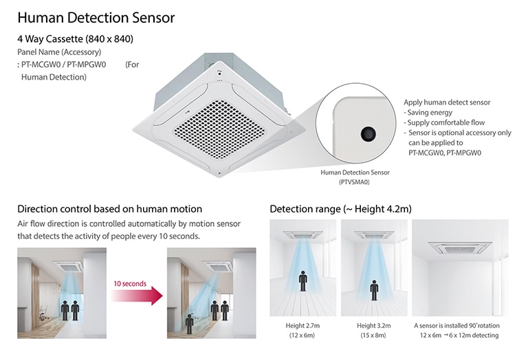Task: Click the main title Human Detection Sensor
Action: (x=96, y=17)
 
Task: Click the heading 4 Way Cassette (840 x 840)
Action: (x=76, y=39)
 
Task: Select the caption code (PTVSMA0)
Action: (x=355, y=182)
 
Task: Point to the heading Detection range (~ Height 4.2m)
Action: (x=340, y=208)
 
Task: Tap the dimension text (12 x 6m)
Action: (x=303, y=335)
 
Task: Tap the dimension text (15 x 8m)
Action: (x=373, y=335)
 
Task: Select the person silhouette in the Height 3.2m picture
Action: (x=374, y=289)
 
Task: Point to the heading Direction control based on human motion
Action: (x=110, y=209)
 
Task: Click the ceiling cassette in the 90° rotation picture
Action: (x=459, y=247)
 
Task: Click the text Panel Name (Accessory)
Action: (x=59, y=52)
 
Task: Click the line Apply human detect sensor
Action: (x=447, y=102)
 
